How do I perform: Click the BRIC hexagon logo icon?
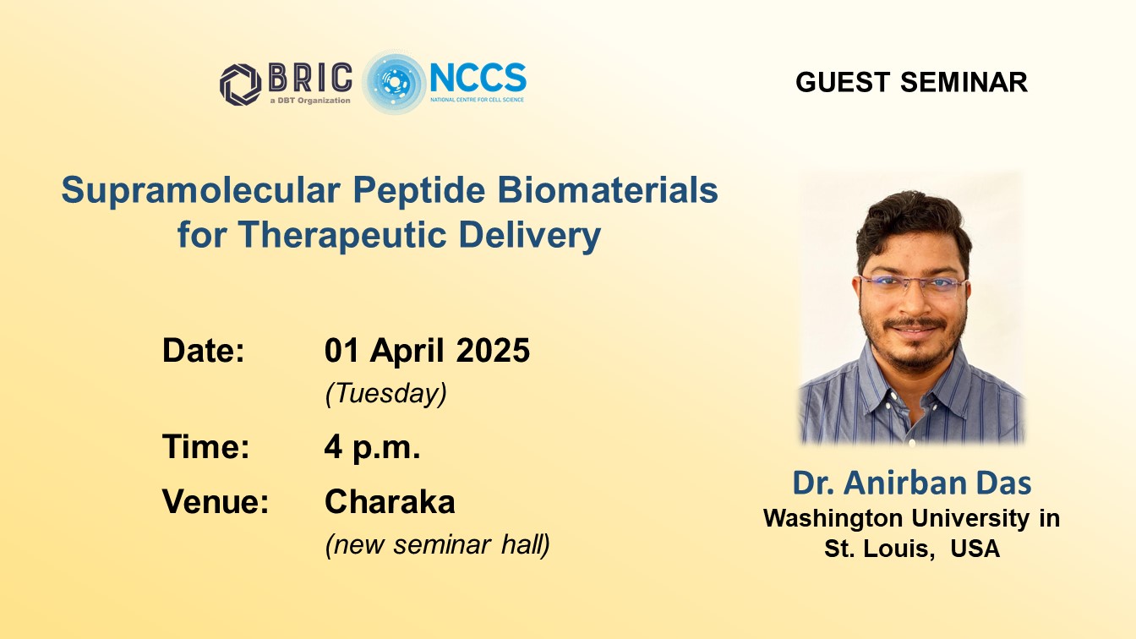pos(240,85)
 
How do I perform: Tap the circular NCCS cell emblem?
pos(394,83)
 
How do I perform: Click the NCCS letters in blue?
pos(478,78)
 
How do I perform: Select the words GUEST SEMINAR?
pos(911,82)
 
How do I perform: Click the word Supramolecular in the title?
pos(201,191)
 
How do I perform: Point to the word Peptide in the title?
pos(419,191)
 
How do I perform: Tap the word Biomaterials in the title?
pos(608,189)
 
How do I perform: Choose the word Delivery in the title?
pos(529,235)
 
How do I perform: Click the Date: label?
pos(204,350)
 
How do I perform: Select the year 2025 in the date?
pos(493,351)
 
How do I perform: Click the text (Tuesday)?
pos(386,394)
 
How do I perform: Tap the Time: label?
pos(206,446)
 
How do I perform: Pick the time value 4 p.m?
pos(372,447)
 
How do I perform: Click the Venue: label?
pos(215,501)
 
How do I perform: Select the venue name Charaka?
pos(390,501)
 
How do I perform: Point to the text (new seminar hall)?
pos(438,544)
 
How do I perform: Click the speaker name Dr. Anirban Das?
pos(912,483)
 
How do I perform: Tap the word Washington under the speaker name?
pos(833,519)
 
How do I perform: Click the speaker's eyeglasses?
pos(911,285)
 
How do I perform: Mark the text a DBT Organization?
pos(310,101)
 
